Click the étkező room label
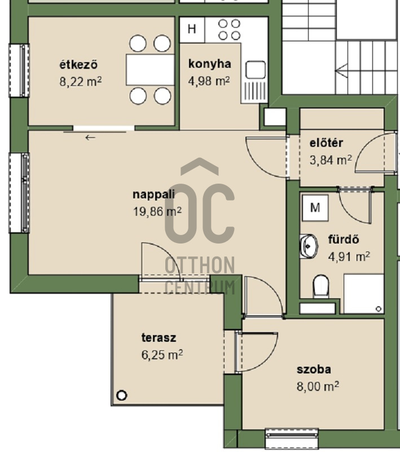78,64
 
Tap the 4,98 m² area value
209,81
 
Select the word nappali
153,194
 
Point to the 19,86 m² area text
157,212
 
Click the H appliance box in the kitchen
192,29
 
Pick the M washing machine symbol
315,207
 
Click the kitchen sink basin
256,69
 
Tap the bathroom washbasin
309,246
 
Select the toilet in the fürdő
320,286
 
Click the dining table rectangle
150,69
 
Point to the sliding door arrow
90,138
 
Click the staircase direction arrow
341,71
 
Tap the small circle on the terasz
121,395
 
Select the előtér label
326,143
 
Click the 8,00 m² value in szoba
318,386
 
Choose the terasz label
159,337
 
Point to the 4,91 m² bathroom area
349,257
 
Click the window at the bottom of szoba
292,437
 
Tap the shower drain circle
379,309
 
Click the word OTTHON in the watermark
200,265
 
